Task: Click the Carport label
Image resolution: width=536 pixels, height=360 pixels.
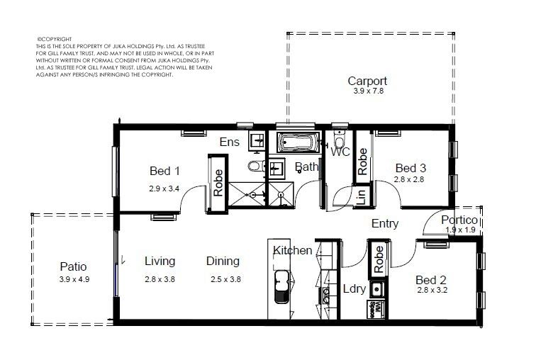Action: pos(367,81)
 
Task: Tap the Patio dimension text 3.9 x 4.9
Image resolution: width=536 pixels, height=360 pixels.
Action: pos(74,279)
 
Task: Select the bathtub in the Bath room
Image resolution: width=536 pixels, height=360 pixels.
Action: pos(298,142)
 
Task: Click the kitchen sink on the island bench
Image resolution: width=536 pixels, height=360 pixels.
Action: pos(282,286)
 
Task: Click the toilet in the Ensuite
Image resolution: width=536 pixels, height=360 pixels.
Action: pos(256,166)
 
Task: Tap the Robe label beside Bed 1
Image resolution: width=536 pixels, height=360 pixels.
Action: pos(218,183)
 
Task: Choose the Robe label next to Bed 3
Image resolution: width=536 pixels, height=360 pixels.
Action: pos(362,162)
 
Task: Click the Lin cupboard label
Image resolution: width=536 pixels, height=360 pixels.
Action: pos(361,197)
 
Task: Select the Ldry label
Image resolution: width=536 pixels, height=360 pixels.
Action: pos(354,288)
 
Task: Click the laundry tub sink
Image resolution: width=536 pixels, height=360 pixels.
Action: pos(377,290)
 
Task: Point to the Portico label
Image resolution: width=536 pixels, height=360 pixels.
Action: pos(459,220)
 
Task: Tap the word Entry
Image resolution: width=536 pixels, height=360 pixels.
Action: pos(385,224)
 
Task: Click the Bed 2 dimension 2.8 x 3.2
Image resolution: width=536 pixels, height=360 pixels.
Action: pos(432,291)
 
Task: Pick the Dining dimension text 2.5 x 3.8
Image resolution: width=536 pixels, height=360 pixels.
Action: pos(225,279)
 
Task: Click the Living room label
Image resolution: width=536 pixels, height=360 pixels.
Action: pos(160,261)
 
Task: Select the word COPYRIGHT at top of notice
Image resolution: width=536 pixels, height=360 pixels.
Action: pos(55,39)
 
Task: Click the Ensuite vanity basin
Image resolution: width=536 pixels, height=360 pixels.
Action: pos(257,140)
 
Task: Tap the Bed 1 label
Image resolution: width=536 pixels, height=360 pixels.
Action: pos(164,171)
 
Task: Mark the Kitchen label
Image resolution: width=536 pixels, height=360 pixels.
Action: pos(293,250)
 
